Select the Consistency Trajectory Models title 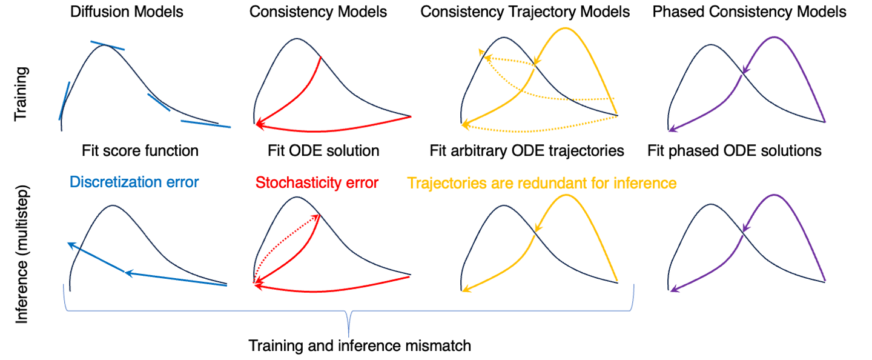coord(525,12)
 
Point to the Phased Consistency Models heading coord(749,12)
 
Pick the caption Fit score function coord(140,150)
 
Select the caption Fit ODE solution coord(323,150)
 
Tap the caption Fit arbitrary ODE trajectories coord(527,150)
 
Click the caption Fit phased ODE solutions coord(735,150)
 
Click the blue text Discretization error coord(134,182)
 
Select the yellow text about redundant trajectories coord(542,182)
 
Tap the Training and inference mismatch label coord(360,347)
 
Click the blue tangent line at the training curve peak coord(108,45)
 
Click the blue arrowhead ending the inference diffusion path coord(70,244)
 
